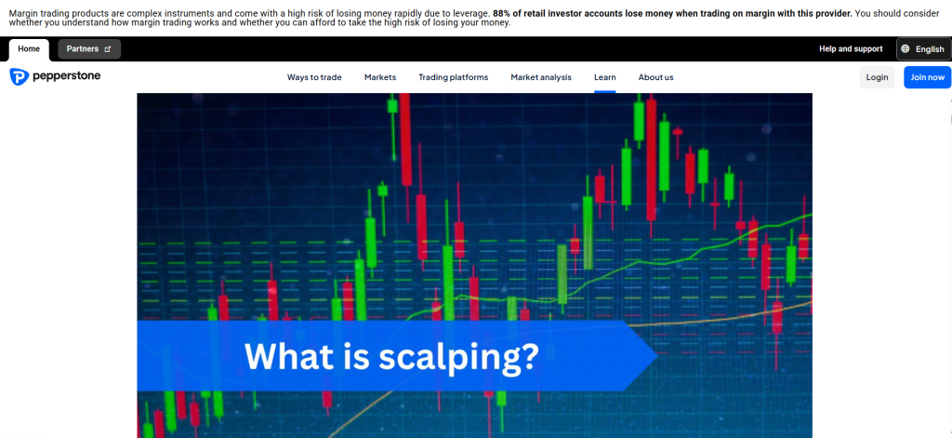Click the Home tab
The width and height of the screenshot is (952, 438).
click(29, 48)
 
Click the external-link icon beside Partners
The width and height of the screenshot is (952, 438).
click(107, 49)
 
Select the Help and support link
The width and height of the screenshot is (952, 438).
click(850, 48)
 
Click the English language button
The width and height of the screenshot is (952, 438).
click(923, 49)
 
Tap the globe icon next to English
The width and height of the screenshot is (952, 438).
click(906, 49)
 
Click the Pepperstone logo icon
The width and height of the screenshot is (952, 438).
click(18, 77)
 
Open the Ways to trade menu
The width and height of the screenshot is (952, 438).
click(314, 77)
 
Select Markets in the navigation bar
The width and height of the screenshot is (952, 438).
click(380, 77)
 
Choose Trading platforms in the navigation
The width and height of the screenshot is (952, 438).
click(453, 77)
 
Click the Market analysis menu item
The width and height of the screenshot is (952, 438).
click(541, 77)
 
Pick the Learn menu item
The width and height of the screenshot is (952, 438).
click(604, 77)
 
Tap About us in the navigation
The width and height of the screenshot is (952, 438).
click(655, 77)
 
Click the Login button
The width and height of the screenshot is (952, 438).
click(877, 77)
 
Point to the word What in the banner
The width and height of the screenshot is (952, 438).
click(282, 356)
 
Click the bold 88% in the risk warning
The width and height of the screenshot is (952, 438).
click(502, 13)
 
